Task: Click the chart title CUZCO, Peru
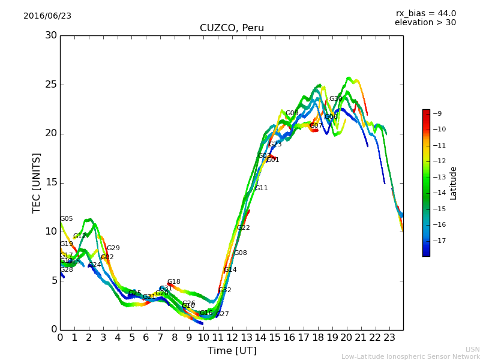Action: pos(232,28)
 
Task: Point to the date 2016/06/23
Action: pos(47,16)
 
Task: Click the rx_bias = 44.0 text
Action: pos(425,14)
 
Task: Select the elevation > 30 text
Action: pos(425,23)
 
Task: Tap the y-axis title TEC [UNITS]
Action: pos(37,182)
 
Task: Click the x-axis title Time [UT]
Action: pos(232,351)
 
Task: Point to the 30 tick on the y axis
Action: pos(51,35)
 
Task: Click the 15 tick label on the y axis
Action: pos(51,182)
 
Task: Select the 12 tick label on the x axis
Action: pos(232,338)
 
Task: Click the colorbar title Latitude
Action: pos(454,183)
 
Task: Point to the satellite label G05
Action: pos(67,219)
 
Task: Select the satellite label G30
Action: pos(335,99)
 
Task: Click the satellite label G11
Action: pos(261,188)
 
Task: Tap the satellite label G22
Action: pos(244,228)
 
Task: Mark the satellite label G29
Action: pos(113,248)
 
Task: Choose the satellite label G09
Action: pos(292,113)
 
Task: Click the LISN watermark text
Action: pos(472,349)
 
